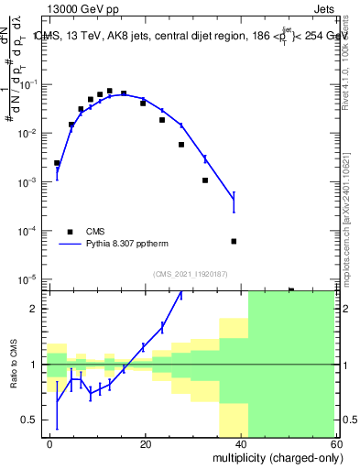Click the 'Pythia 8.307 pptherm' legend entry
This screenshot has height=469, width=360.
click(x=125, y=245)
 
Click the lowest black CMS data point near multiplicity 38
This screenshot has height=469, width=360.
click(x=234, y=241)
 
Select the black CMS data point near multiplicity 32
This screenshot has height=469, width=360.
click(x=205, y=180)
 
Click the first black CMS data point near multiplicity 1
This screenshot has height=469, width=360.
click(x=57, y=163)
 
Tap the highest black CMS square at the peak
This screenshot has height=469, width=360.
click(x=110, y=91)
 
